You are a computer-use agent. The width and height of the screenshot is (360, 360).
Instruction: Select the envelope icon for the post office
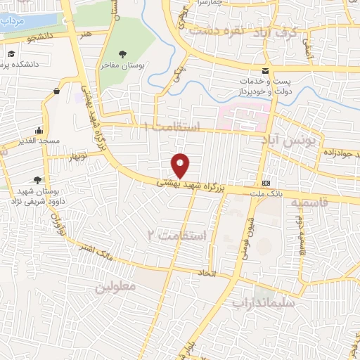[265, 70]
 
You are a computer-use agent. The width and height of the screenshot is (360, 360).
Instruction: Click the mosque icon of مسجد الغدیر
[39, 130]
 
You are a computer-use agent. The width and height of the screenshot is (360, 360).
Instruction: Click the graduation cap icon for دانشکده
[12, 54]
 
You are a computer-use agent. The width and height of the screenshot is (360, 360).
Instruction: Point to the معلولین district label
[113, 288]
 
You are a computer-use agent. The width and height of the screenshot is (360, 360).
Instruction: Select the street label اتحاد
[224, 273]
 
